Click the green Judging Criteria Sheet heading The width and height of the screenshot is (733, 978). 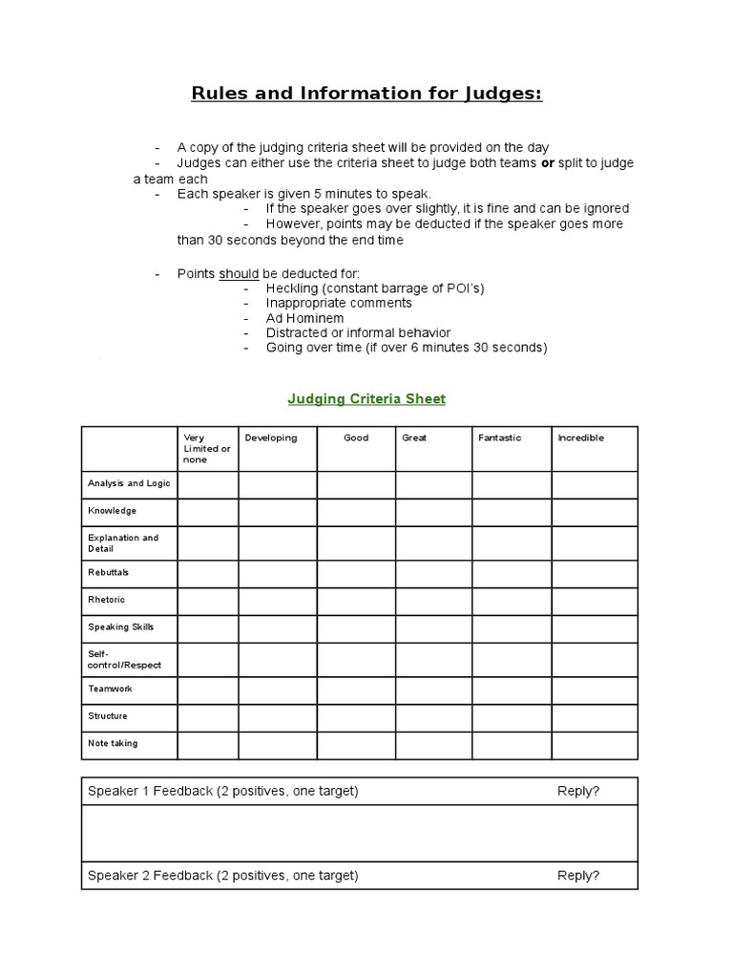[366, 399]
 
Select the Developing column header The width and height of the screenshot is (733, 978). [271, 438]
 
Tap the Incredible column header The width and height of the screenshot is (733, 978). [580, 438]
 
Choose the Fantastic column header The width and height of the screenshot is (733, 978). [499, 438]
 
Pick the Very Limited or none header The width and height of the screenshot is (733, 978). [206, 449]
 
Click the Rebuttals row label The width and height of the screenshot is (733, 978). [108, 572]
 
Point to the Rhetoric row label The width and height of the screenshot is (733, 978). [106, 600]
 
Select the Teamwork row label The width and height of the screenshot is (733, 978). [110, 689]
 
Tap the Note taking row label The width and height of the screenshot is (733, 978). [113, 744]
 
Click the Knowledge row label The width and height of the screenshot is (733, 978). [112, 511]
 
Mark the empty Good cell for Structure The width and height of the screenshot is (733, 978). [356, 716]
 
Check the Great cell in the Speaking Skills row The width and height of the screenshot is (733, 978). [433, 628]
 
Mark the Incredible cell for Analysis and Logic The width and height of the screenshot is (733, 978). [594, 484]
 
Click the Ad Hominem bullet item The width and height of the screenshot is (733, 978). [304, 318]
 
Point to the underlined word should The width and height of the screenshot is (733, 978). [239, 274]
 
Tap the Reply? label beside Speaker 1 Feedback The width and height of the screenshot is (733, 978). [578, 791]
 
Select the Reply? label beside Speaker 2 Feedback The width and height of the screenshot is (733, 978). [578, 875]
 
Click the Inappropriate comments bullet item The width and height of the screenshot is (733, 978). [339, 303]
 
